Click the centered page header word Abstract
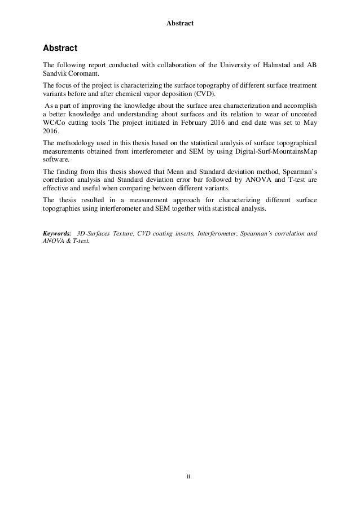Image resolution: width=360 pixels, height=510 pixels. pyautogui.click(x=180, y=24)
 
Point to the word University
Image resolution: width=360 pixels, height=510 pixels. pyautogui.click(x=217, y=66)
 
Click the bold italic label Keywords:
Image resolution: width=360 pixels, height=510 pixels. pyautogui.click(x=57, y=233)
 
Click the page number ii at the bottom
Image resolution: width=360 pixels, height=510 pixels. pyautogui.click(x=180, y=476)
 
